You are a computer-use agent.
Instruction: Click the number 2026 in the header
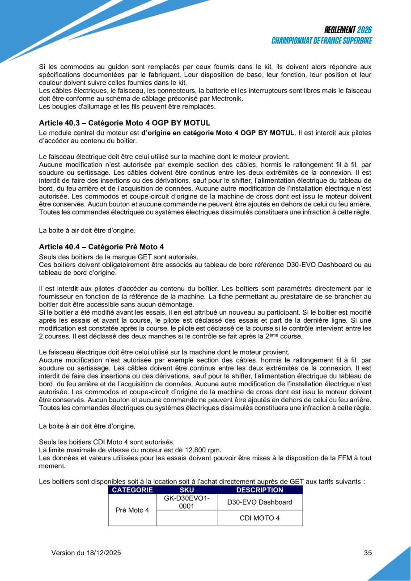(x=364, y=30)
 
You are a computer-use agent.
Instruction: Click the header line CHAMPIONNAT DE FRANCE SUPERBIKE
(x=322, y=40)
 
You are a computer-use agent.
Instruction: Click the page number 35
(x=368, y=553)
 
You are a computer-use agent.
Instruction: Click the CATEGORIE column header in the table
(x=132, y=490)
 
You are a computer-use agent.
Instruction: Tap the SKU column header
(x=186, y=490)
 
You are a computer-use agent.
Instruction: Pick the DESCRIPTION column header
(x=259, y=490)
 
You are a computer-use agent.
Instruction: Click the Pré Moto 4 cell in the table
(x=132, y=510)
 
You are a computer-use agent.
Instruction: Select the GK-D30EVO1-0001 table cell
(x=186, y=502)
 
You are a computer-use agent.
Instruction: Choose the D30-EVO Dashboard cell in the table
(x=260, y=502)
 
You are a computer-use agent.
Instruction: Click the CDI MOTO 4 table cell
(x=260, y=518)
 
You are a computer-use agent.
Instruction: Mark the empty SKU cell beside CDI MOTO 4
(x=186, y=518)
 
